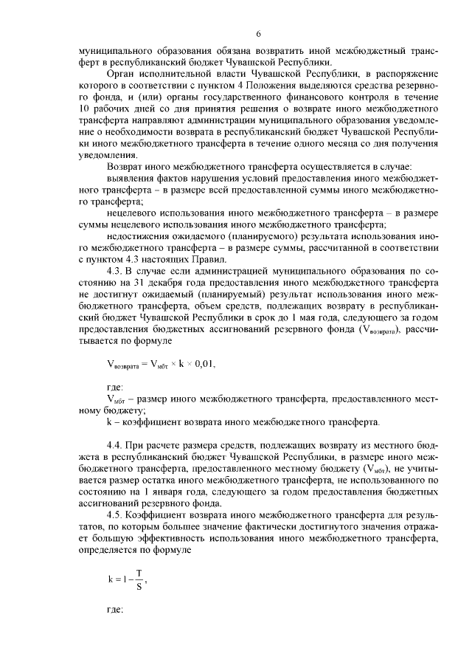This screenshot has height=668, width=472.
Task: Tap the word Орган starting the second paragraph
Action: click(121, 75)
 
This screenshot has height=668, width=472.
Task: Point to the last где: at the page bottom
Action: click(116, 612)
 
